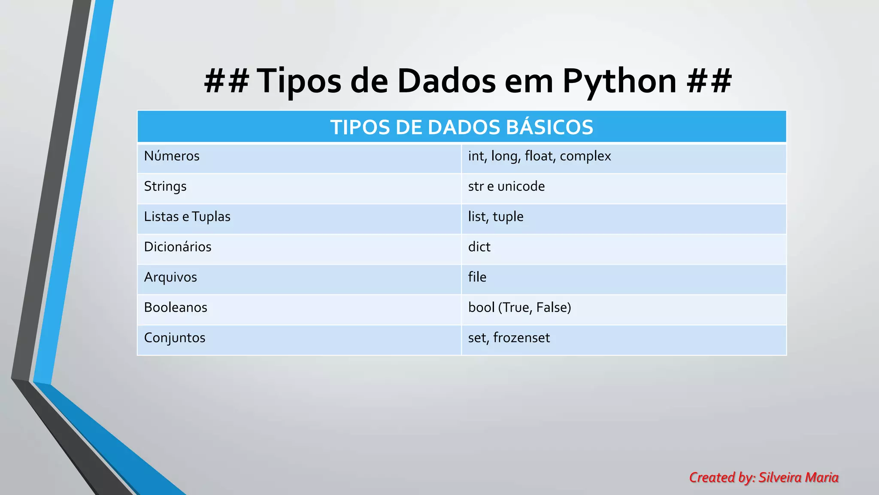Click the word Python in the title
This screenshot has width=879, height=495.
pyautogui.click(x=619, y=81)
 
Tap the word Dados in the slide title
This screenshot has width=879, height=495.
pyautogui.click(x=446, y=81)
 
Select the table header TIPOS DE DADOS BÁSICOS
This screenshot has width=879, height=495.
pyautogui.click(x=461, y=127)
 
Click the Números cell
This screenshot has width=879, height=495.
pyautogui.click(x=172, y=156)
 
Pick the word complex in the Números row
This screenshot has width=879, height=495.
pyautogui.click(x=585, y=156)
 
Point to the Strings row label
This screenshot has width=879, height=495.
pyautogui.click(x=165, y=186)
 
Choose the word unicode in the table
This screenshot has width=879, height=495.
pyautogui.click(x=521, y=186)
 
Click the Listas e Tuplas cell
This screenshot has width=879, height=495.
pyautogui.click(x=187, y=217)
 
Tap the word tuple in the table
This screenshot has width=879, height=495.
pyautogui.click(x=508, y=217)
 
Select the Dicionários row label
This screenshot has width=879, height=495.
pyautogui.click(x=178, y=247)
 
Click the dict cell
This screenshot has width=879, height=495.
pyautogui.click(x=479, y=247)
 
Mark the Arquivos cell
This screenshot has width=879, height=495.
pyautogui.click(x=170, y=277)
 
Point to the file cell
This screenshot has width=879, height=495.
pyautogui.click(x=477, y=277)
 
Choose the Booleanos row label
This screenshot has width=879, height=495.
pyautogui.click(x=176, y=308)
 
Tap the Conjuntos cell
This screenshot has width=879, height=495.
pyautogui.click(x=175, y=338)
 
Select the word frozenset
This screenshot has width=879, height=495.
pyautogui.click(x=521, y=338)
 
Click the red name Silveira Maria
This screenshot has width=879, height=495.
pyautogui.click(x=798, y=477)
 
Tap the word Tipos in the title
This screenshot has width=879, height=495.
pyautogui.click(x=299, y=81)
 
